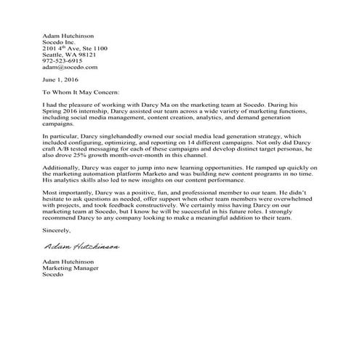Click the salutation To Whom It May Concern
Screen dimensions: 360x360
tap(80, 93)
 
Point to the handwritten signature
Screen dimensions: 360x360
tap(81, 247)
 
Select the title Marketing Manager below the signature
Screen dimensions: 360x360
tap(72, 268)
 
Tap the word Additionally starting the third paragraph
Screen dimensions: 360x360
tap(63, 172)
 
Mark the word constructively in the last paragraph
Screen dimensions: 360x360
tap(193, 204)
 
